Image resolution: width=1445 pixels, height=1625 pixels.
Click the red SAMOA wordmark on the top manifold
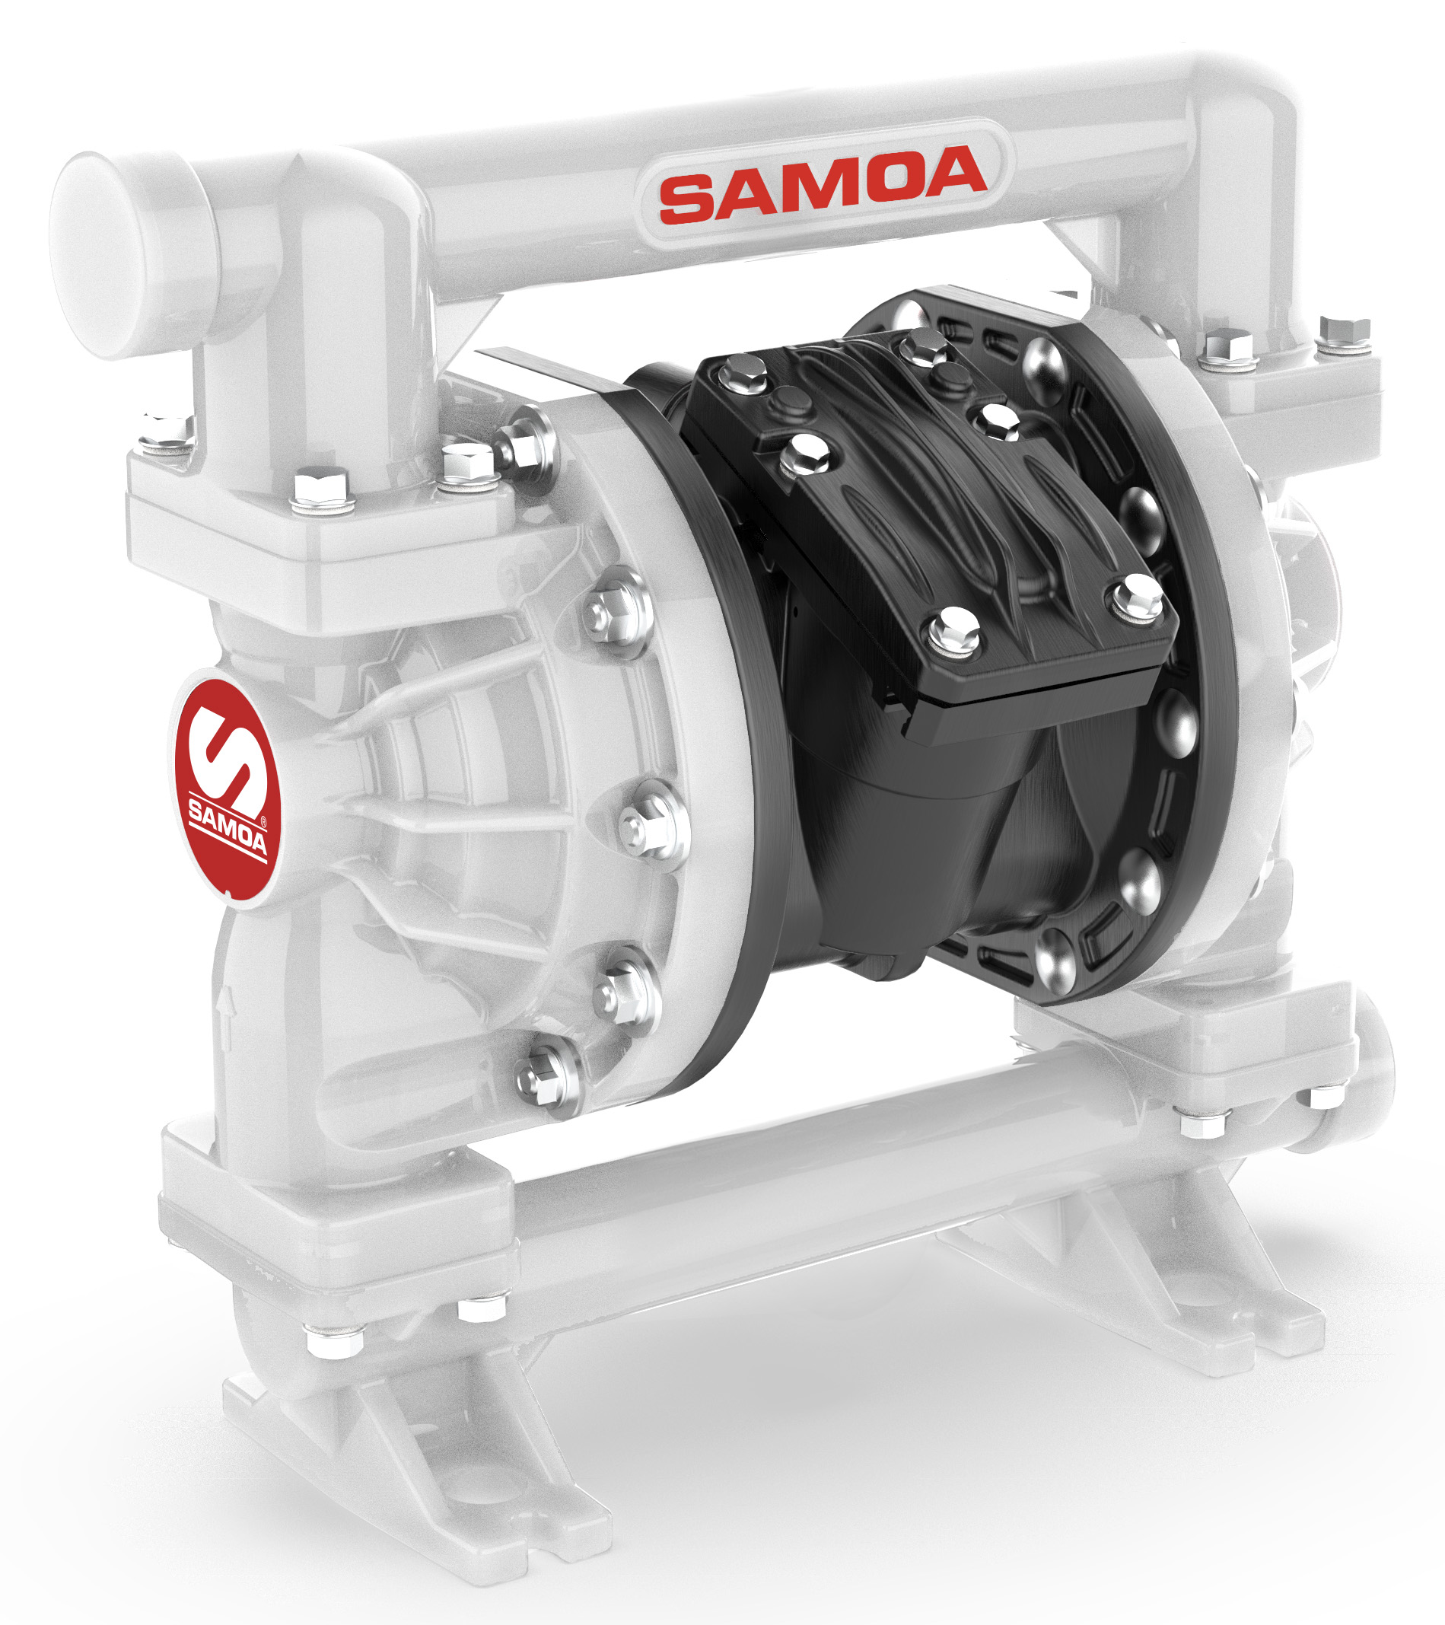pyautogui.click(x=823, y=183)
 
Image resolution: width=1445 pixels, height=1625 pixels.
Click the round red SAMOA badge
pyautogui.click(x=228, y=784)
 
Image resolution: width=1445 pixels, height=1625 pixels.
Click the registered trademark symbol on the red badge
pyautogui.click(x=264, y=823)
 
